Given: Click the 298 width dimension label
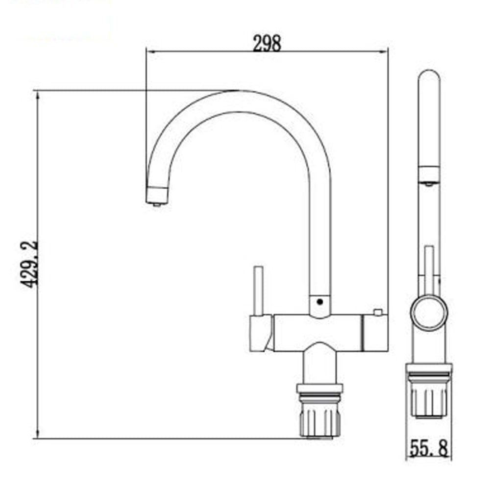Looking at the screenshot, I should click(x=267, y=44).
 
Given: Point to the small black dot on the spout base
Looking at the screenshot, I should click(x=319, y=302).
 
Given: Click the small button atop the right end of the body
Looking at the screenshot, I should click(x=377, y=312).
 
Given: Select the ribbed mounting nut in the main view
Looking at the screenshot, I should click(x=319, y=419).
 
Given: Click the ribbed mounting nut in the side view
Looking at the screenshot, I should click(x=429, y=399).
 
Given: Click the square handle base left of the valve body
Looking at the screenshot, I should click(x=260, y=333).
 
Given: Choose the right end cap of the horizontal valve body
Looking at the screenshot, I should click(x=374, y=333).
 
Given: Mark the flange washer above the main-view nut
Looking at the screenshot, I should click(x=319, y=390).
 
